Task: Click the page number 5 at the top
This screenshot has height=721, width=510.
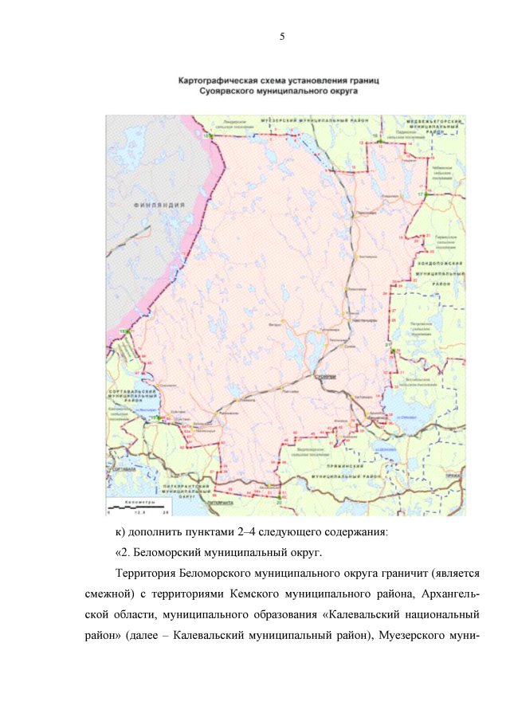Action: tap(282, 37)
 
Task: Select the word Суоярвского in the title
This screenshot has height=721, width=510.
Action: tap(231, 92)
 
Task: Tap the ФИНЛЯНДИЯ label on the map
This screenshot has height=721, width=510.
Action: tap(160, 205)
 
